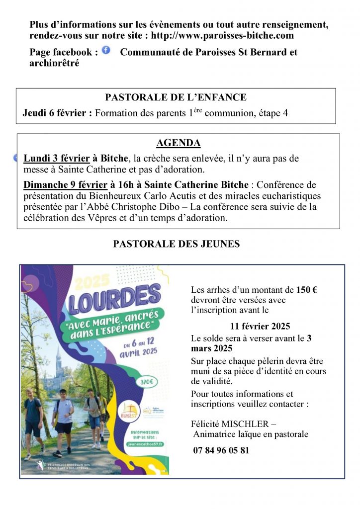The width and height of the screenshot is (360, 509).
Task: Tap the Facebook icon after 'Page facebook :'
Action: pos(106,50)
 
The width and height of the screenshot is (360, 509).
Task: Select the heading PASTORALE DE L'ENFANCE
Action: pos(176,98)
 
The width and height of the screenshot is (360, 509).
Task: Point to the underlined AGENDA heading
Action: pos(178,144)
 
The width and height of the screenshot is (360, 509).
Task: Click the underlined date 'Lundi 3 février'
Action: pos(57,159)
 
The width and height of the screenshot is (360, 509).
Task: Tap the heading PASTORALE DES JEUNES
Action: pos(177,244)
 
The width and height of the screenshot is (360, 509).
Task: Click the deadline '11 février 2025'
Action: pos(260,327)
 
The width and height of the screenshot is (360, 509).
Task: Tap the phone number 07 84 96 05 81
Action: pos(221,450)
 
